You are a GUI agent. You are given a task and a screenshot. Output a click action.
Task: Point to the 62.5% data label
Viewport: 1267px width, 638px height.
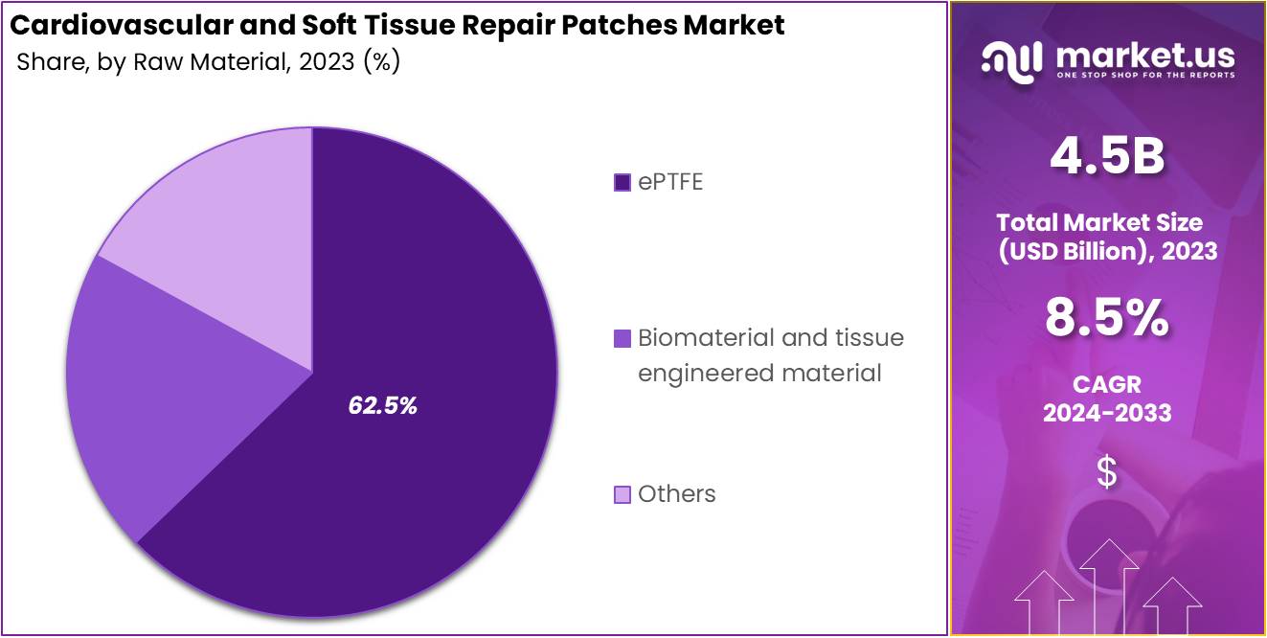(382, 405)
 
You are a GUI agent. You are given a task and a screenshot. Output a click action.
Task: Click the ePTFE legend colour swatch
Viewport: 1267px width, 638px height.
(622, 182)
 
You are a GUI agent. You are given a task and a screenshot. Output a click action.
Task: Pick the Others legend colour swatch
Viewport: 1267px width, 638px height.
(622, 494)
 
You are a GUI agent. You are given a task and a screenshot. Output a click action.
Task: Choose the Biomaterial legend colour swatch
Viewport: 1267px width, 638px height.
(622, 338)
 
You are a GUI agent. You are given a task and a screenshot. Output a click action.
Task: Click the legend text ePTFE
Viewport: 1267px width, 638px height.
(670, 182)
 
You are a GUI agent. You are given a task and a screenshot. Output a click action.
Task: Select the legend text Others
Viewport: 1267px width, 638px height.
(677, 494)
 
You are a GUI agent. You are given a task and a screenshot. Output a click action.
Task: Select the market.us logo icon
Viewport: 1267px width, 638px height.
(1011, 60)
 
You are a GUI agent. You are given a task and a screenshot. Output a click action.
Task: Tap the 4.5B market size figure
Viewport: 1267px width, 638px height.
(1107, 158)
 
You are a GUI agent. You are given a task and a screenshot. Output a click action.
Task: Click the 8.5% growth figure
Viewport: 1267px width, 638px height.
(1107, 318)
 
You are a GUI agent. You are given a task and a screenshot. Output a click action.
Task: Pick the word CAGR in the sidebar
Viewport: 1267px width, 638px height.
(1107, 384)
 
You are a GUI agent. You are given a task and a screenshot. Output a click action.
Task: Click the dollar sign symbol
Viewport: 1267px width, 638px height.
(1107, 472)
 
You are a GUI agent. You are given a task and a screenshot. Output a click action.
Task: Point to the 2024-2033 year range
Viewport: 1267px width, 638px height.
(1107, 413)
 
